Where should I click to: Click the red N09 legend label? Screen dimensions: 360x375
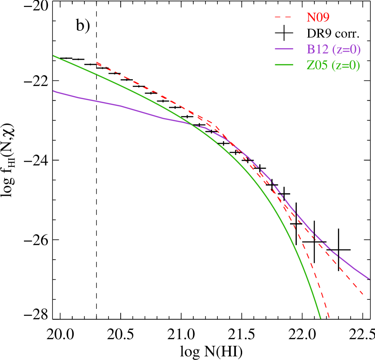coord(318,18)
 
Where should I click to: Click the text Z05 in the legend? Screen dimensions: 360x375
coord(317,66)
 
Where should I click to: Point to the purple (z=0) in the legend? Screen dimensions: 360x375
coord(346,49)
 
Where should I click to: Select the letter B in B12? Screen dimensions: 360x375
coord(310,49)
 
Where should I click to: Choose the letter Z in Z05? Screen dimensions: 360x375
coord(310,66)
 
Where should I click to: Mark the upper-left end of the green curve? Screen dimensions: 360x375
coord(53,56)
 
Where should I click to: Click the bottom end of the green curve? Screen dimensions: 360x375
coord(320,318)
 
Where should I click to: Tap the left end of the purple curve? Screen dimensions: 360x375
coord(53,91)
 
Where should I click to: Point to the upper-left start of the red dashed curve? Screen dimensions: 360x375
coord(97,63)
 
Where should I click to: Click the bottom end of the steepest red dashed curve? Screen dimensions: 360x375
coord(329,318)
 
